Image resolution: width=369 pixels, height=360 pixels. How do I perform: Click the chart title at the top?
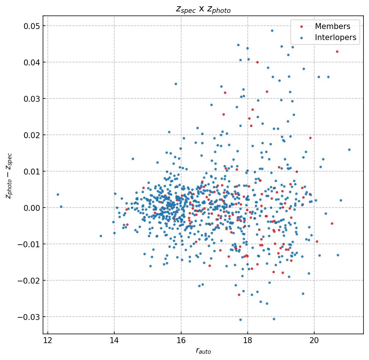tap(203, 10)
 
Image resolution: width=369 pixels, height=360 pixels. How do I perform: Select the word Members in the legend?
tap(332, 26)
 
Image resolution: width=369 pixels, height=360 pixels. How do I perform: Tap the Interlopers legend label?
tap(336, 37)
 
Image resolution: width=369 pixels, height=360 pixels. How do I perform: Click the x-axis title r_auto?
tap(203, 351)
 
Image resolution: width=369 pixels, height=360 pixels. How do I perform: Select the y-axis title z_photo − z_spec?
tap(9, 176)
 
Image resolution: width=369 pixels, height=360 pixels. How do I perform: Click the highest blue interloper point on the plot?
tap(272, 31)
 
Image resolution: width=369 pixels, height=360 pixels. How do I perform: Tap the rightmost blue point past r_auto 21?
tap(349, 150)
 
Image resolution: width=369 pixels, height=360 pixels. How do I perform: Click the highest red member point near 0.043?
tap(337, 51)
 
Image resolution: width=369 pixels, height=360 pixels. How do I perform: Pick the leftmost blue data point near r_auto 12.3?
tap(58, 194)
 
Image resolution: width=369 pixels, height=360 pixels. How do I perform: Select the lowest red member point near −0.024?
tap(239, 295)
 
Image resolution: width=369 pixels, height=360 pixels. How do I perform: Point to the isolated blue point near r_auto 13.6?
tap(101, 236)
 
